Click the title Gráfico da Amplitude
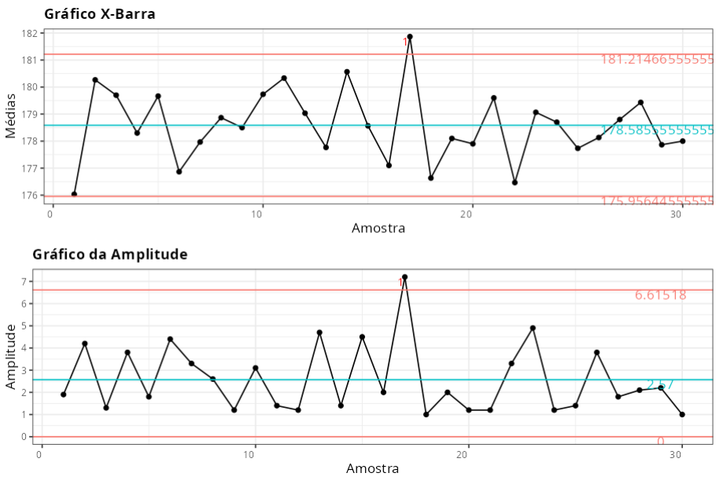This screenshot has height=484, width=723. coord(110,254)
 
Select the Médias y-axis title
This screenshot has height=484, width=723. coord(11,115)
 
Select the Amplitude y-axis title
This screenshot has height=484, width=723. coord(11,357)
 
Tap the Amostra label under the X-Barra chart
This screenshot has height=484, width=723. coord(378,228)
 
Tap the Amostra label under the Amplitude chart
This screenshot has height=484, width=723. coord(372,468)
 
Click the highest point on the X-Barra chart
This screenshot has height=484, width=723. coord(410,37)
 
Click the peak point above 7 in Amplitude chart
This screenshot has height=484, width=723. coord(404,277)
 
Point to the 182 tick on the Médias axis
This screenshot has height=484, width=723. coord(31,34)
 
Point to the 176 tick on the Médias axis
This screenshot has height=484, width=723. coord(31,195)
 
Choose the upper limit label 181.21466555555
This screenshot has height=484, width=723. coord(657,60)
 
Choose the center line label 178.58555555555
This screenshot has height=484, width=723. coord(657,130)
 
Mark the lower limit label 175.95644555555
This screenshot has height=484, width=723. coord(657,201)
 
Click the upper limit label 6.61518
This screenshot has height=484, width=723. coord(660,295)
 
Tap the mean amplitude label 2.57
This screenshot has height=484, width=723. coord(659,384)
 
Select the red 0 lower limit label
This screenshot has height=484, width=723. coord(660,442)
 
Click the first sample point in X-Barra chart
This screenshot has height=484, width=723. coord(74,194)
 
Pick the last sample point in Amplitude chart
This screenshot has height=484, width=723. coord(682,414)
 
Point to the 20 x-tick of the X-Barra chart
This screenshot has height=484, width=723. coord(471,213)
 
